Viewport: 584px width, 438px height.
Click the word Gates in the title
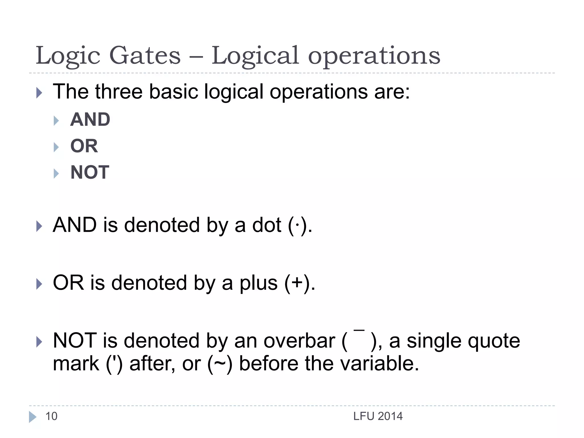click(x=145, y=56)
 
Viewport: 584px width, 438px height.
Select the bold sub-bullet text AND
click(x=90, y=119)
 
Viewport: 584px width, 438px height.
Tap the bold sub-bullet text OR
click(x=84, y=146)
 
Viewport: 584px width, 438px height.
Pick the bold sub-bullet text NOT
click(x=90, y=173)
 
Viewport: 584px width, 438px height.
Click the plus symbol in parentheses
click(x=297, y=283)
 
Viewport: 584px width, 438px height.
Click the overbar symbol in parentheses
click(x=359, y=331)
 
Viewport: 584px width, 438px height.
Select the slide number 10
click(x=51, y=416)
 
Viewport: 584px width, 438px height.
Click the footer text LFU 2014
click(x=378, y=416)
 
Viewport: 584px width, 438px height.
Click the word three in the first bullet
click(x=119, y=92)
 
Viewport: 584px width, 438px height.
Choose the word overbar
click(x=299, y=341)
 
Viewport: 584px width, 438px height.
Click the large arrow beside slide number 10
click(x=33, y=417)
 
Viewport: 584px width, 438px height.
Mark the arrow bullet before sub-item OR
click(x=56, y=147)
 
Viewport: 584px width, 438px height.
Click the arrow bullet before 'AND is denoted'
click(x=39, y=226)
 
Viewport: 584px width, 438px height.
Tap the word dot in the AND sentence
click(x=267, y=226)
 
